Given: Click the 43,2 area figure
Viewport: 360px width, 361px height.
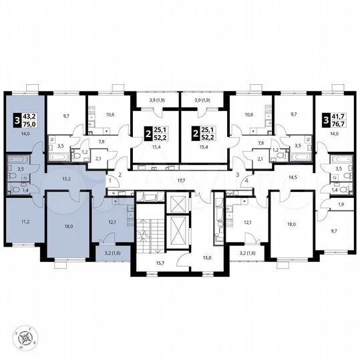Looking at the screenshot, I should click(31, 118).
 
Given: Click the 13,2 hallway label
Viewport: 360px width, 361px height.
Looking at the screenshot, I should click(67, 179).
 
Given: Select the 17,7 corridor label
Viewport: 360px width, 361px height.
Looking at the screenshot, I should click(180, 180).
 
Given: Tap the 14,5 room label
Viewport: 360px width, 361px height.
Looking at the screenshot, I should click(292, 177).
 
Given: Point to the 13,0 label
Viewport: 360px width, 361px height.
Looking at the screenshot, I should click(207, 257).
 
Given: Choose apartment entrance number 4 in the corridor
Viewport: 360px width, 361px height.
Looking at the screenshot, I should click(246, 181).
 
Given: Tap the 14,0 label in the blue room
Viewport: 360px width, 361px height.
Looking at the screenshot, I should click(27, 134).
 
